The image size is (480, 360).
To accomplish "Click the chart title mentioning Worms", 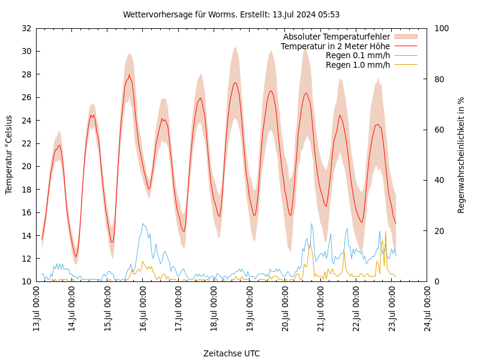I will click(231, 14).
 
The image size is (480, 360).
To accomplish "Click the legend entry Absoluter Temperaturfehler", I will click(336, 37).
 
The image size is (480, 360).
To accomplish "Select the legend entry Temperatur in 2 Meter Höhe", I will click(335, 46).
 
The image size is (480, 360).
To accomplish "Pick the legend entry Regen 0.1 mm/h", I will click(358, 55).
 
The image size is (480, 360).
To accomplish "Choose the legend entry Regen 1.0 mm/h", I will click(358, 65).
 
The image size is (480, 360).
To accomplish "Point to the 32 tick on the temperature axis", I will click(26, 28).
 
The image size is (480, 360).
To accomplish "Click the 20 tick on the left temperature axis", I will click(26, 166).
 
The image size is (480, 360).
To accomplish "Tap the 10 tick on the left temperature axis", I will click(26, 281).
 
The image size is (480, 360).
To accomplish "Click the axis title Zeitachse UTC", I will click(231, 353).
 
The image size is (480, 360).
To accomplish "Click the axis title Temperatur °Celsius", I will click(9, 155).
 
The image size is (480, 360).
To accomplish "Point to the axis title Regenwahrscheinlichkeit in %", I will click(461, 155).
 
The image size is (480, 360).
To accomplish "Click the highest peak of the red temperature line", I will click(129, 75).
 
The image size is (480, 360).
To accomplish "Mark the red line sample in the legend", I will click(406, 46).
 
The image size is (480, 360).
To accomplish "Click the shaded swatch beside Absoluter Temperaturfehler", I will click(406, 37).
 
